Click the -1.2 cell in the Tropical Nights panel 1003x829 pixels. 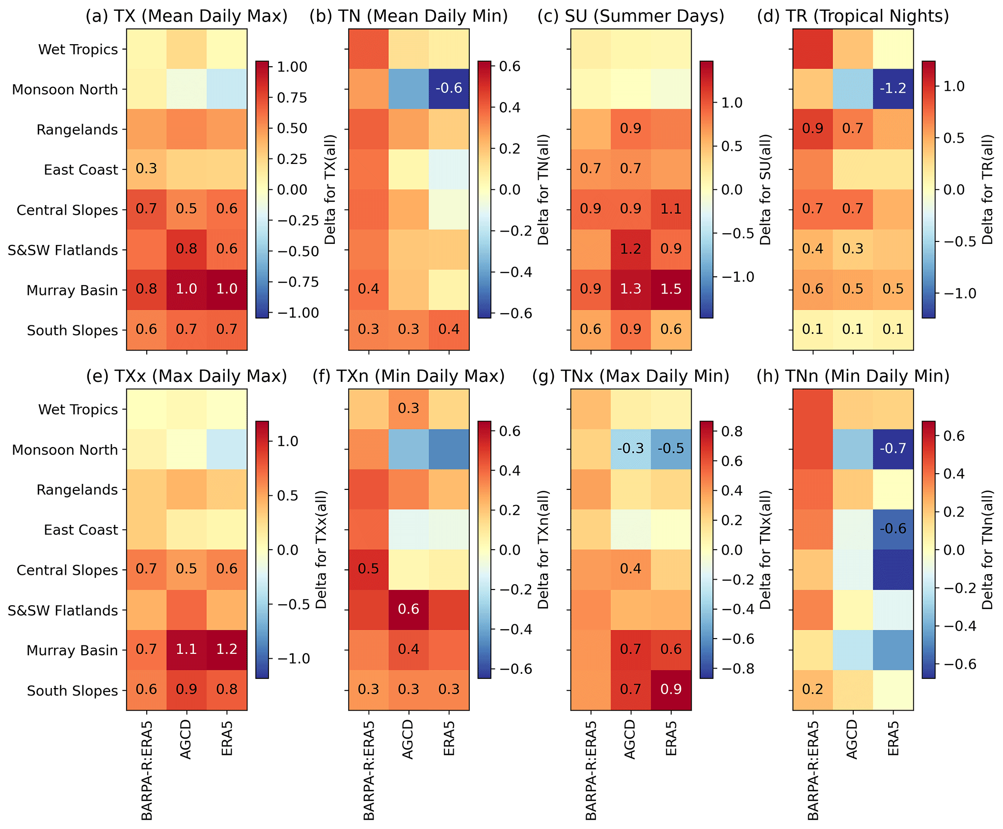pyautogui.click(x=893, y=88)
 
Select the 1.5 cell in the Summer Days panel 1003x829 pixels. pyautogui.click(x=671, y=289)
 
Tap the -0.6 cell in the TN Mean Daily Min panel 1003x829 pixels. pyautogui.click(x=449, y=88)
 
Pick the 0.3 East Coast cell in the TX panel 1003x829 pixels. pyautogui.click(x=146, y=169)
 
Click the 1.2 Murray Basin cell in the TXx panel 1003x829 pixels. pyautogui.click(x=227, y=649)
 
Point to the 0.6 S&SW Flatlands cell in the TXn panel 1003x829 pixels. pyautogui.click(x=408, y=609)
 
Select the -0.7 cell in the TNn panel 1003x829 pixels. pyautogui.click(x=893, y=449)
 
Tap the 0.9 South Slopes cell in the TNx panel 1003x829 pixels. pyautogui.click(x=671, y=690)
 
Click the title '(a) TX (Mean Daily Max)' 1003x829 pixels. pyautogui.click(x=187, y=16)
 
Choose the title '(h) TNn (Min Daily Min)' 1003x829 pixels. pyautogui.click(x=853, y=376)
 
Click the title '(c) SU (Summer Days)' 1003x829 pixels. pyautogui.click(x=631, y=16)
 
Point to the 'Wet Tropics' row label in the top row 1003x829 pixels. pyautogui.click(x=78, y=50)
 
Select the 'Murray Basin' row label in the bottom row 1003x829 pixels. pyautogui.click(x=72, y=650)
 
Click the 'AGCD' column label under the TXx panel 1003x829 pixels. pyautogui.click(x=186, y=739)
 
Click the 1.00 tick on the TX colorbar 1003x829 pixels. pyautogui.click(x=292, y=67)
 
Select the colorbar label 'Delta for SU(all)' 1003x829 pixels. pyautogui.click(x=765, y=189)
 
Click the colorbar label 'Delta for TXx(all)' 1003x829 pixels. pyautogui.click(x=322, y=550)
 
